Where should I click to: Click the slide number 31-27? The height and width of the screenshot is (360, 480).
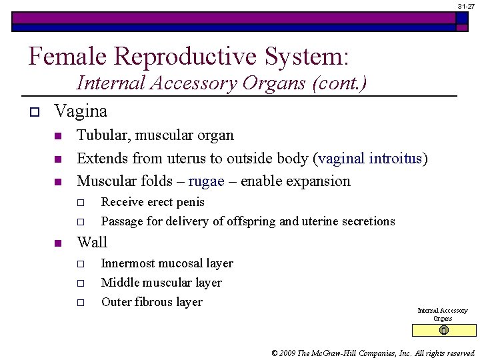(466, 5)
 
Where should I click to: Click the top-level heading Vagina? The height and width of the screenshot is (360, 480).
(81, 110)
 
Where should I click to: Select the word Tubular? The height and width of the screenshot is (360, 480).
(103, 135)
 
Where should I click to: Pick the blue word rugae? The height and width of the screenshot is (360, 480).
(206, 181)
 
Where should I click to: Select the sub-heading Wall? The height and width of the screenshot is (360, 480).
(92, 242)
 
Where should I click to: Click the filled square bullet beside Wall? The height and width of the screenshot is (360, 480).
(57, 243)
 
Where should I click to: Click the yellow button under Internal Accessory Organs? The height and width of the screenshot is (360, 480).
(444, 331)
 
